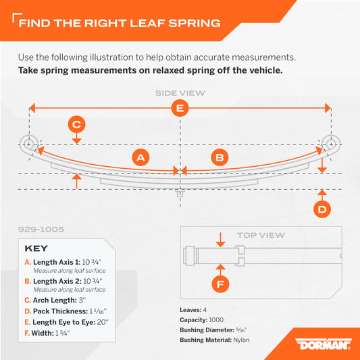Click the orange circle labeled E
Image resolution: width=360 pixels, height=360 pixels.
click(x=180, y=108)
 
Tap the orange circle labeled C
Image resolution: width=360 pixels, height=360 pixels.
click(x=77, y=124)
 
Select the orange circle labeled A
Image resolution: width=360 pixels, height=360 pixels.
click(x=140, y=157)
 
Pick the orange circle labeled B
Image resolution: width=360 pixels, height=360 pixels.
click(x=220, y=157)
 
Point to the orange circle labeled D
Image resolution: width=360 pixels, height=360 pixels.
click(x=322, y=209)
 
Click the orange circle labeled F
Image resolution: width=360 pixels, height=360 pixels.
click(x=220, y=284)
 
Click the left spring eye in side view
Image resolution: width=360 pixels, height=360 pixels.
click(x=28, y=144)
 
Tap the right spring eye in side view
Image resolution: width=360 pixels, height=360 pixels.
click(x=331, y=144)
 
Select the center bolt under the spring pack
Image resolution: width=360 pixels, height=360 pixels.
click(x=180, y=193)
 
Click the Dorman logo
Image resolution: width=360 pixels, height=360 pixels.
click(x=324, y=344)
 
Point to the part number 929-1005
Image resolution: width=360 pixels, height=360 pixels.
click(x=41, y=230)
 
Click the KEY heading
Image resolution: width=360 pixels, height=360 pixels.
click(x=36, y=249)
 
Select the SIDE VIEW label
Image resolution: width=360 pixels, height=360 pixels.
click(x=180, y=93)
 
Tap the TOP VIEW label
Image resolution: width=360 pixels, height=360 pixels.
click(x=261, y=235)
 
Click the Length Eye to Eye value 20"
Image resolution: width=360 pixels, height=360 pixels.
click(x=103, y=322)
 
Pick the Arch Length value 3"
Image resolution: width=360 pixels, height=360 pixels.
click(x=82, y=300)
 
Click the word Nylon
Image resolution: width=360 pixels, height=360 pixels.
click(x=241, y=340)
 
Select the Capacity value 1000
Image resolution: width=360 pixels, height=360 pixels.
click(x=216, y=320)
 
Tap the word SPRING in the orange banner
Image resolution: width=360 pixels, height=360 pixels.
click(x=195, y=23)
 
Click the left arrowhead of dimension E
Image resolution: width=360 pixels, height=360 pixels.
click(x=32, y=108)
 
